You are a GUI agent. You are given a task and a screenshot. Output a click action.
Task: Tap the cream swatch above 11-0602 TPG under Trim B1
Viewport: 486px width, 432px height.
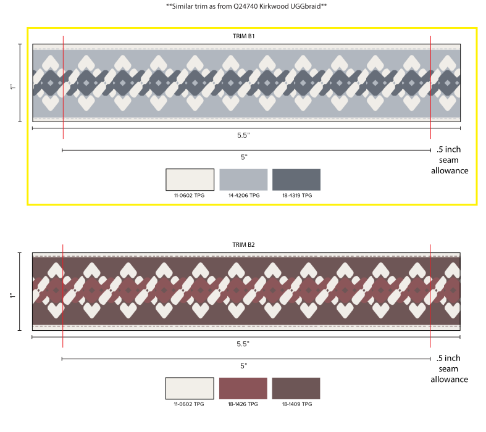[190, 180]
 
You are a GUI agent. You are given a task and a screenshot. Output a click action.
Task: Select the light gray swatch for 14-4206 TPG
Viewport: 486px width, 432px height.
[243, 180]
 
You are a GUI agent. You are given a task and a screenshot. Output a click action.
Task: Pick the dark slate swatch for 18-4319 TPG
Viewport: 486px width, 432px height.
[296, 180]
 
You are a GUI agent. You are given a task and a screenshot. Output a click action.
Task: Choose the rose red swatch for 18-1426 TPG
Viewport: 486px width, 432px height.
[243, 388]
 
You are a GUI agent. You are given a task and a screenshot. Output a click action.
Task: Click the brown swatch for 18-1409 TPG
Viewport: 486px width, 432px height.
[296, 388]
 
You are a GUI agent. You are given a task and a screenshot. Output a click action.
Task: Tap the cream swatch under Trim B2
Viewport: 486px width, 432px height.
[190, 388]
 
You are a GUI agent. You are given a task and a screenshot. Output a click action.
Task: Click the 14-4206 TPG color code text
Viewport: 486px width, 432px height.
[243, 196]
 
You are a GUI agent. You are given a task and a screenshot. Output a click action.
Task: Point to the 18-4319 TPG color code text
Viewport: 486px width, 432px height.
[296, 196]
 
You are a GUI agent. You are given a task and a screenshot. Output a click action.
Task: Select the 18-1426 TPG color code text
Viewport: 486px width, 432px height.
[243, 404]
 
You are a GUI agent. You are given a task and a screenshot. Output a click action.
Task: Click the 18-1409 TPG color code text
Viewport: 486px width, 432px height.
[296, 404]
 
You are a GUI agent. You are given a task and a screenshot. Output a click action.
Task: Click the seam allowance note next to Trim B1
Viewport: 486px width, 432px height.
[449, 160]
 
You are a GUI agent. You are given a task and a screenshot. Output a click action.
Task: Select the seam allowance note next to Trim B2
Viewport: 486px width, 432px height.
[449, 368]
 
